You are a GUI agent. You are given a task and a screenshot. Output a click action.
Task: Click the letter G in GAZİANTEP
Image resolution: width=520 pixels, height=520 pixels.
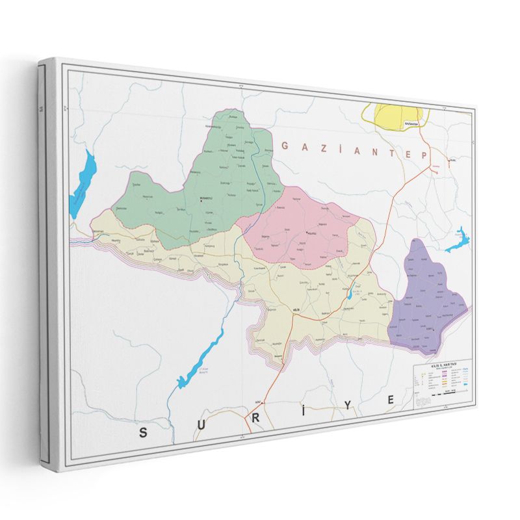[x=285, y=146]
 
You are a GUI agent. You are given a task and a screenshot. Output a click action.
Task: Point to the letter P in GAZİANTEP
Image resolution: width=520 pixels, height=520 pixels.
[x=424, y=155]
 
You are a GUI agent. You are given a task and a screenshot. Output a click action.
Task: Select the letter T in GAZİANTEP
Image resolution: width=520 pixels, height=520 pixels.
[x=390, y=153]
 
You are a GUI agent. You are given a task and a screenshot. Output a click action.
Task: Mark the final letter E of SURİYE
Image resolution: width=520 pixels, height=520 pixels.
[x=392, y=400]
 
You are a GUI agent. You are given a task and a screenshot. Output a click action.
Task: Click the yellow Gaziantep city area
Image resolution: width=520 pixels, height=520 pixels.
[x=395, y=116]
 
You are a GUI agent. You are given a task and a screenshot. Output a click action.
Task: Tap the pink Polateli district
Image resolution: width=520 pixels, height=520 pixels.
[x=305, y=231]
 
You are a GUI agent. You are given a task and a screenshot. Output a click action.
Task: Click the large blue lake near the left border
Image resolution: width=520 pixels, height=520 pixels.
[x=83, y=184]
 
